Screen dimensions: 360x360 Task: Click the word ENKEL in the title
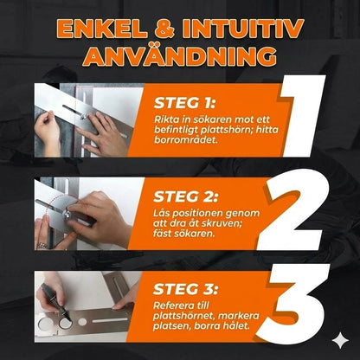click(x=102, y=29)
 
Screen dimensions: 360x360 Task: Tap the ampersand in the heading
click(x=164, y=29)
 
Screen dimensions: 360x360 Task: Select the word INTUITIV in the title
click(x=243, y=29)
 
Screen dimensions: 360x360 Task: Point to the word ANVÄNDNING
click(x=180, y=56)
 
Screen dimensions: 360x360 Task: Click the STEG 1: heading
click(x=184, y=103)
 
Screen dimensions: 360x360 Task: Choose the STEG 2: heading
click(x=186, y=196)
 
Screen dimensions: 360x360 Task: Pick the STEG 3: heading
click(x=185, y=289)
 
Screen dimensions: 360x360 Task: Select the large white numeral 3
click(x=294, y=304)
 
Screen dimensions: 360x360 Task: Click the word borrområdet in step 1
click(x=183, y=139)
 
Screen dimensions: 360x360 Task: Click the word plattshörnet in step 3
click(x=183, y=317)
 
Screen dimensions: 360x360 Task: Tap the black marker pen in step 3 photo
click(x=55, y=301)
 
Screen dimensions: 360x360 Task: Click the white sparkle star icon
click(x=341, y=341)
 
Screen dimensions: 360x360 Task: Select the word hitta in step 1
click(x=267, y=130)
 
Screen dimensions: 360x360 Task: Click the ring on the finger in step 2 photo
click(x=42, y=246)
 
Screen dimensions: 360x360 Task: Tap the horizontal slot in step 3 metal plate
click(x=110, y=320)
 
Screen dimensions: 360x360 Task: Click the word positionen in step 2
click(x=197, y=214)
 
